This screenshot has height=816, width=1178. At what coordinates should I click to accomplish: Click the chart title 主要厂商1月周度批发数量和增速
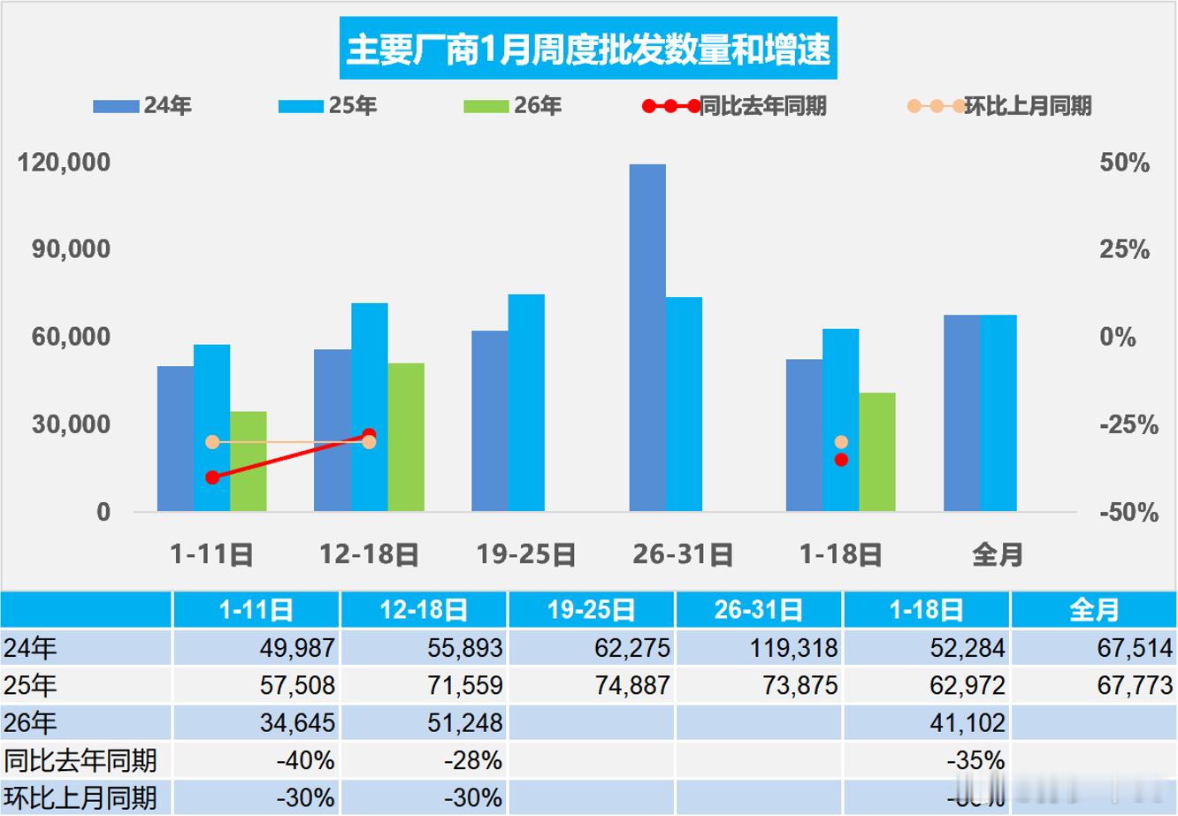click(588, 49)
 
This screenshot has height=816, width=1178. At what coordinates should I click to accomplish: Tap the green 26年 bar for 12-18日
click(406, 437)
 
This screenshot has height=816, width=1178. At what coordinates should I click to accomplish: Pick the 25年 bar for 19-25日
click(526, 402)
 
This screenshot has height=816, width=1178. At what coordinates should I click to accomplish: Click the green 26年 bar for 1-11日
click(249, 461)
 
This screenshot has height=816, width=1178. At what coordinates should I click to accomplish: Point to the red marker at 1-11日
click(212, 477)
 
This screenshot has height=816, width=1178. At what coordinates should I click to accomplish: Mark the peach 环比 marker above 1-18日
click(841, 442)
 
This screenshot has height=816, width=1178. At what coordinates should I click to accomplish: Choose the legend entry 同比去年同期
click(734, 106)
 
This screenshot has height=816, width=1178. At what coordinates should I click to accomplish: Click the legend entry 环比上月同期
click(999, 106)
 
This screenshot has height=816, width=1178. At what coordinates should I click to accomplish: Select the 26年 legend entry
click(513, 106)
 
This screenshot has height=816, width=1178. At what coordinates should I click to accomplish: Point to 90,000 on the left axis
click(72, 249)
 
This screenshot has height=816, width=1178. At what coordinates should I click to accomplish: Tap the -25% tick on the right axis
click(1128, 425)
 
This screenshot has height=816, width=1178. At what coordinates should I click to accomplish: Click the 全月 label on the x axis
click(998, 554)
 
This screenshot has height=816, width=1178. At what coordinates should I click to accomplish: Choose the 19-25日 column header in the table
click(591, 610)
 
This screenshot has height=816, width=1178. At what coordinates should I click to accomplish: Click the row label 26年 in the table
click(31, 723)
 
